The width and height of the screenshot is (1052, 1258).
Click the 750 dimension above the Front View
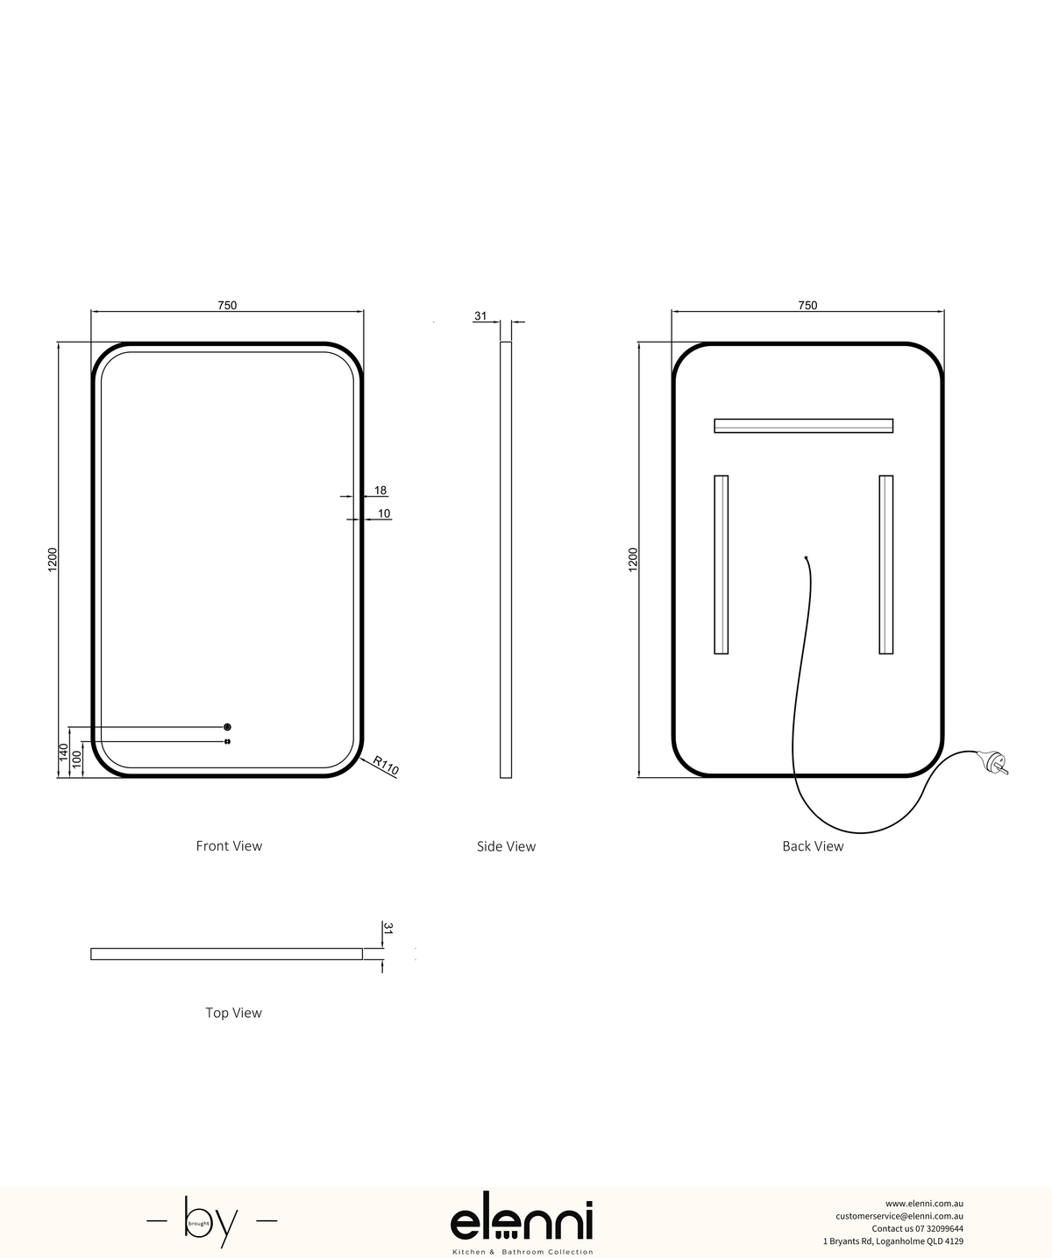(x=227, y=306)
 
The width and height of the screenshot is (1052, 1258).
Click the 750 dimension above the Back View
(x=807, y=306)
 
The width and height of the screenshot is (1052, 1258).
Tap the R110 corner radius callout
(x=386, y=765)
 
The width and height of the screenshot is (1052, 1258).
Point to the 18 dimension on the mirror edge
(x=380, y=491)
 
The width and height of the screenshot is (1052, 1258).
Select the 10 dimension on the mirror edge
(x=384, y=513)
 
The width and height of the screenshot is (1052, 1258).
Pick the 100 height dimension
(x=76, y=759)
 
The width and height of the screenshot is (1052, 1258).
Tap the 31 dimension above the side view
(x=480, y=315)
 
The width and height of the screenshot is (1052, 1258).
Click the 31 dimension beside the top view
(x=388, y=928)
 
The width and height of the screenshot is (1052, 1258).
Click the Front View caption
(x=229, y=846)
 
